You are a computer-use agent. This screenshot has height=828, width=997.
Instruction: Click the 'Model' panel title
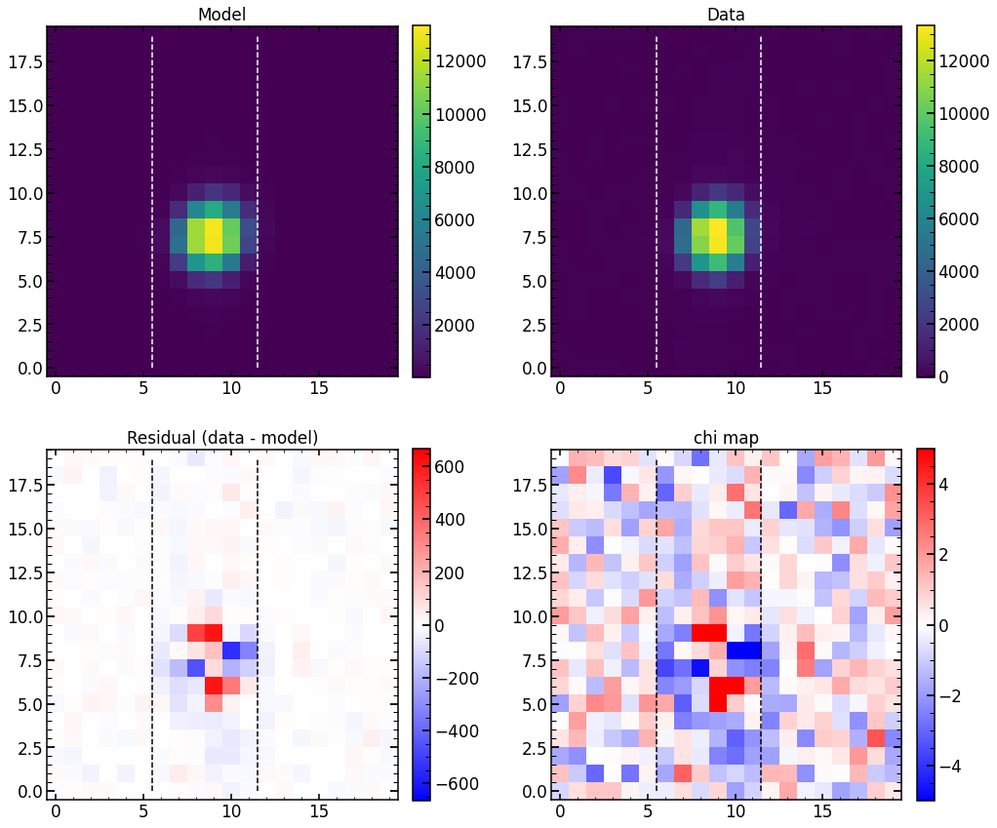221,15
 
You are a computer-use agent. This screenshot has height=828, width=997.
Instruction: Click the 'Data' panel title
726,15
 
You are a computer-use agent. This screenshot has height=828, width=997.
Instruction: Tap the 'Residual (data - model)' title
221,438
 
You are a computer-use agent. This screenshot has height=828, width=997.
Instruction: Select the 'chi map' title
726,438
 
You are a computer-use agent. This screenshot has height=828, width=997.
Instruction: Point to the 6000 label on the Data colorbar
972,219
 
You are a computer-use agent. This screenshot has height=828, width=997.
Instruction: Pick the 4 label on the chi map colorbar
954,484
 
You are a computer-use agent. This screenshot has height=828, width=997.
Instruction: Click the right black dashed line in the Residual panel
258,624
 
